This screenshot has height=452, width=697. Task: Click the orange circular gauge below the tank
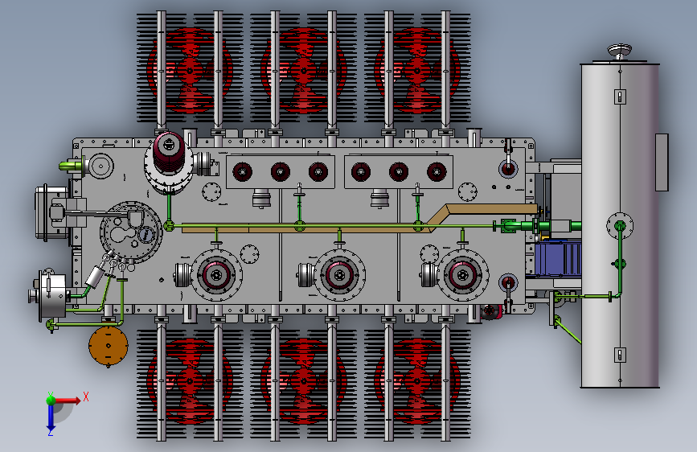click(108, 346)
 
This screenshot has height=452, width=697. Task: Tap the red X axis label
click(86, 397)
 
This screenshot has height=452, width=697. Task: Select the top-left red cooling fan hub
click(190, 70)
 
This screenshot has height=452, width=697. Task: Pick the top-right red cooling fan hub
click(417, 70)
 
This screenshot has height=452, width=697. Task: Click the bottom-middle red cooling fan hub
click(303, 381)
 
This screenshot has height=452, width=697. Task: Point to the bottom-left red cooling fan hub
click(190, 381)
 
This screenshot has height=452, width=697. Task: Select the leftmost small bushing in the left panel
click(242, 171)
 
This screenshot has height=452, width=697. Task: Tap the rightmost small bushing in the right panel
click(437, 171)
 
